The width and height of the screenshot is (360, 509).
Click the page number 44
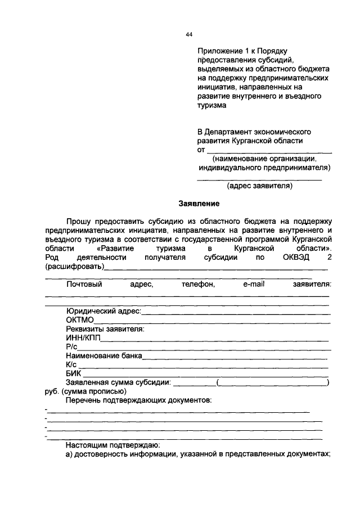pyautogui.click(x=189, y=35)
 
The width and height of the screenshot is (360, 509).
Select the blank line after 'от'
pyautogui.click(x=269, y=151)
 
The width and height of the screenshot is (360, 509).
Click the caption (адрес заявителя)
pyautogui.click(x=259, y=185)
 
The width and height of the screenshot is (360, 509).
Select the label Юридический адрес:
pyautogui.click(x=103, y=310)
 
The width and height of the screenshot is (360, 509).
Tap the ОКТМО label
pyautogui.click(x=79, y=319)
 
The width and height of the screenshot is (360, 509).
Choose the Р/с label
pyautogui.click(x=71, y=346)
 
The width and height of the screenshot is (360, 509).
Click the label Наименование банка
pyautogui.click(x=104, y=355)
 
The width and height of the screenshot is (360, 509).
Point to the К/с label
pyautogui.click(x=71, y=364)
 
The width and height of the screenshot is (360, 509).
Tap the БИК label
pyautogui.click(x=74, y=373)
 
